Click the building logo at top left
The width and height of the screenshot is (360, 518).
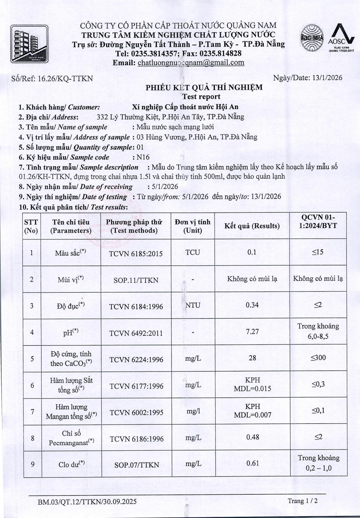[29, 44]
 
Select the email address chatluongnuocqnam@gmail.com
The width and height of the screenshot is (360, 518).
[191, 63]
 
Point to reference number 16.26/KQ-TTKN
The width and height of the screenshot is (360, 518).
[65, 78]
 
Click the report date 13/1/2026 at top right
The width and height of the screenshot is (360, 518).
[327, 78]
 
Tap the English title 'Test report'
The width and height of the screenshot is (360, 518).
[201, 97]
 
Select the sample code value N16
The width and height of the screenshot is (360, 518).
[143, 157]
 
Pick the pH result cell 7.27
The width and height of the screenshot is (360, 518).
[252, 332]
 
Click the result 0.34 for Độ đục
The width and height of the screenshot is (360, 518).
[252, 305]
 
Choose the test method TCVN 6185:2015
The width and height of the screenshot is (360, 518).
[136, 254]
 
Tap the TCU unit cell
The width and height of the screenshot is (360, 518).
[192, 252]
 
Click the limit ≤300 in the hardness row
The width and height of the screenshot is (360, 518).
[318, 358]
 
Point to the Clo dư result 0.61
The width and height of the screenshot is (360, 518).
[253, 463]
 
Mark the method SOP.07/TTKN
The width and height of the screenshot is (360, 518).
[136, 465]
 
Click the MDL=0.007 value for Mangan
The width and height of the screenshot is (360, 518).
[253, 415]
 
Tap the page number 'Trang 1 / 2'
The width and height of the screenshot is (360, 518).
[303, 501]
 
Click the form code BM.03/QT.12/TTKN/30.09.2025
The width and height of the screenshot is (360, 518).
[87, 501]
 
